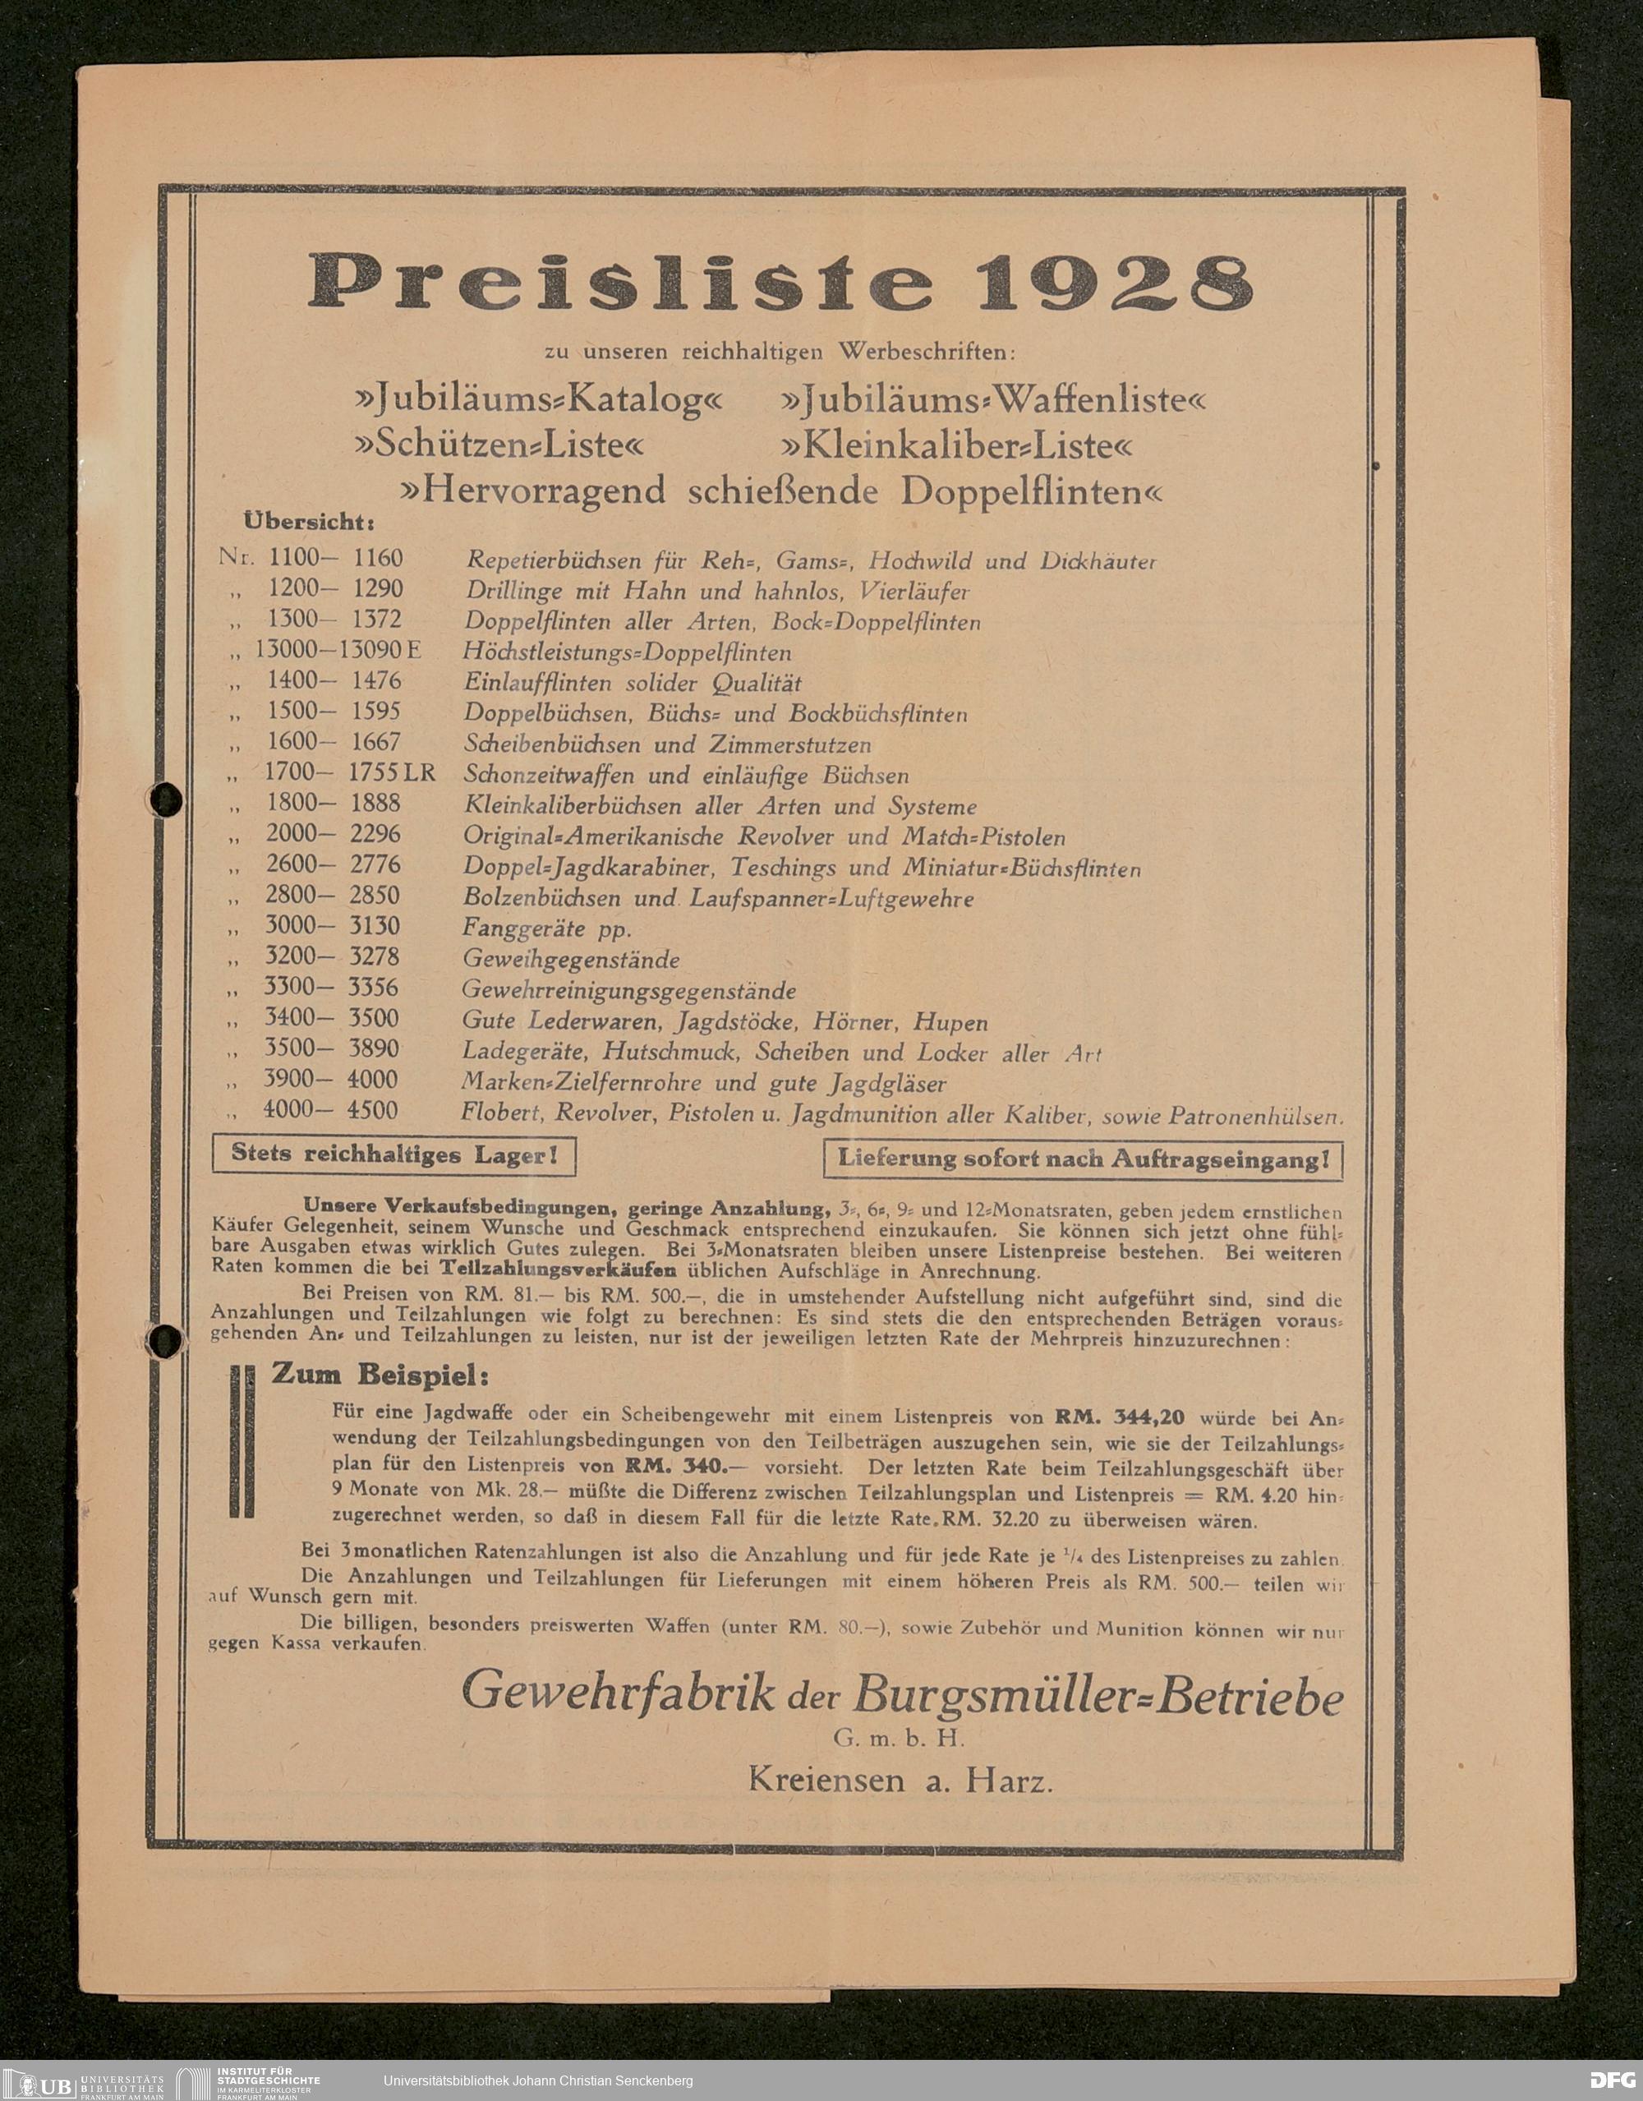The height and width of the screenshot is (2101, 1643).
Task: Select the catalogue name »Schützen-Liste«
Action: (x=497, y=446)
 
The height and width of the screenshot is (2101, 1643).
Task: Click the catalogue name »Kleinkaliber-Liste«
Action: (x=956, y=446)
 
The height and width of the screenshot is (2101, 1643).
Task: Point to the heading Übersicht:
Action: (x=309, y=523)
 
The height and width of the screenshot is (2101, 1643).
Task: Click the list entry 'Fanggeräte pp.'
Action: (x=546, y=928)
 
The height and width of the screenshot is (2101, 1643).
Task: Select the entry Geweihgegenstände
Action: (x=572, y=959)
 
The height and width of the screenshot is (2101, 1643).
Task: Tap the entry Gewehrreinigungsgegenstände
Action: (x=629, y=990)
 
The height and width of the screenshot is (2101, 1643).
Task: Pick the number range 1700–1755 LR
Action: (x=350, y=773)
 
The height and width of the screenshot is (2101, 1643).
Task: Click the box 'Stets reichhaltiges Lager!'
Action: (x=393, y=1155)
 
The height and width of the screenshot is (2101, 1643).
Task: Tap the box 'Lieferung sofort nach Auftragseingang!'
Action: (x=1082, y=1159)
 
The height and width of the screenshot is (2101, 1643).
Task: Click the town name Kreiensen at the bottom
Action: (x=826, y=1781)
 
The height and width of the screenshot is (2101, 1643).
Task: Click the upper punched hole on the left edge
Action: (x=168, y=798)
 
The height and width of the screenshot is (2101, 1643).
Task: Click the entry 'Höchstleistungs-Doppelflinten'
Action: (x=627, y=652)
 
